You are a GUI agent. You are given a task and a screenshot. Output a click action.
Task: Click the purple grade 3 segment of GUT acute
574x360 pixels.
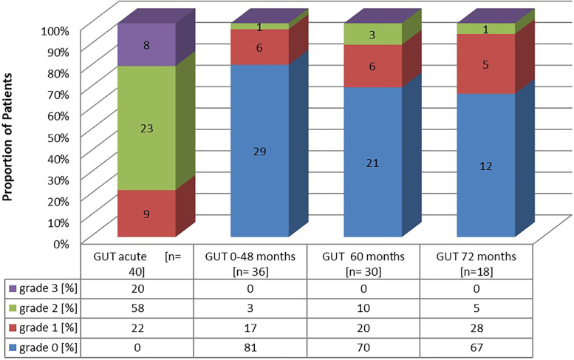click(x=146, y=45)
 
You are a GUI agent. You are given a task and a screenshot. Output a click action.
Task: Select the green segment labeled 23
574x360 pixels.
click(x=146, y=128)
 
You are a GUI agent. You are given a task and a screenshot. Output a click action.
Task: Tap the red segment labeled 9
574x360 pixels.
click(x=146, y=214)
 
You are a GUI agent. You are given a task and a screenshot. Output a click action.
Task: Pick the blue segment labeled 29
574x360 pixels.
click(x=259, y=152)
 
